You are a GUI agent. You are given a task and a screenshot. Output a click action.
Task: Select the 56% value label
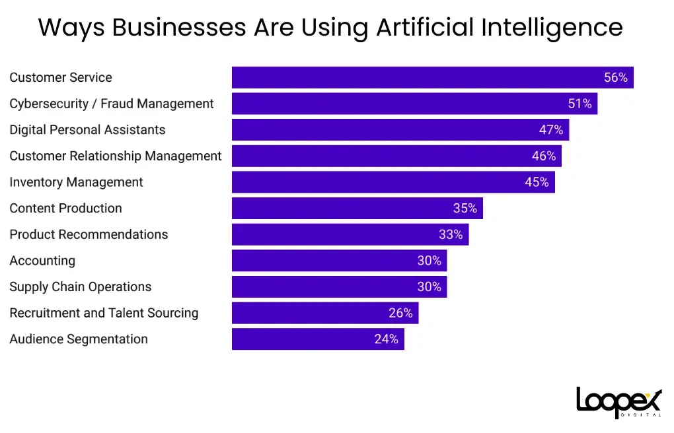615,77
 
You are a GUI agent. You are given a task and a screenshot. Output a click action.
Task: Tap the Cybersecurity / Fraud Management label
112,104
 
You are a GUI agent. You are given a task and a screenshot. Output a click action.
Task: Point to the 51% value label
580,104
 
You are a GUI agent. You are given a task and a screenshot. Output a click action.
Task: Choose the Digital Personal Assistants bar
383,130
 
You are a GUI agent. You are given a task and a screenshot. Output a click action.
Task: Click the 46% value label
544,156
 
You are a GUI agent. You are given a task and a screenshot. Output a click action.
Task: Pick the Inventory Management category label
76,182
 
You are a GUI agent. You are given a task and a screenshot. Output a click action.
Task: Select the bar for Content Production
344,208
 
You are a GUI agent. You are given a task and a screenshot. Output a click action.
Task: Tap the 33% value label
451,234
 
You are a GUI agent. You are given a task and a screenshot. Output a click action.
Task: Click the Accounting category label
42,261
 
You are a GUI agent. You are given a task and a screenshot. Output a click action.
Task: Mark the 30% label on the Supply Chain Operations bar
429,286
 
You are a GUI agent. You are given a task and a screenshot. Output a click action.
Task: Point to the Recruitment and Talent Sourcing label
104,313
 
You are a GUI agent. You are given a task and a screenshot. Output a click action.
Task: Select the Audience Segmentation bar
304,339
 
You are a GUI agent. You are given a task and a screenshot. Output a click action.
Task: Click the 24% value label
386,339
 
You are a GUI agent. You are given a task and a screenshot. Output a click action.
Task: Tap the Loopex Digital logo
618,401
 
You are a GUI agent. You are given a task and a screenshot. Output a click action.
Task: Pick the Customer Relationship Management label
116,156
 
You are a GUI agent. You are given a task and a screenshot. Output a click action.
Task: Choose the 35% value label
465,208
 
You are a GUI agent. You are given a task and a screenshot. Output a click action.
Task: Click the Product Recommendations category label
89,234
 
